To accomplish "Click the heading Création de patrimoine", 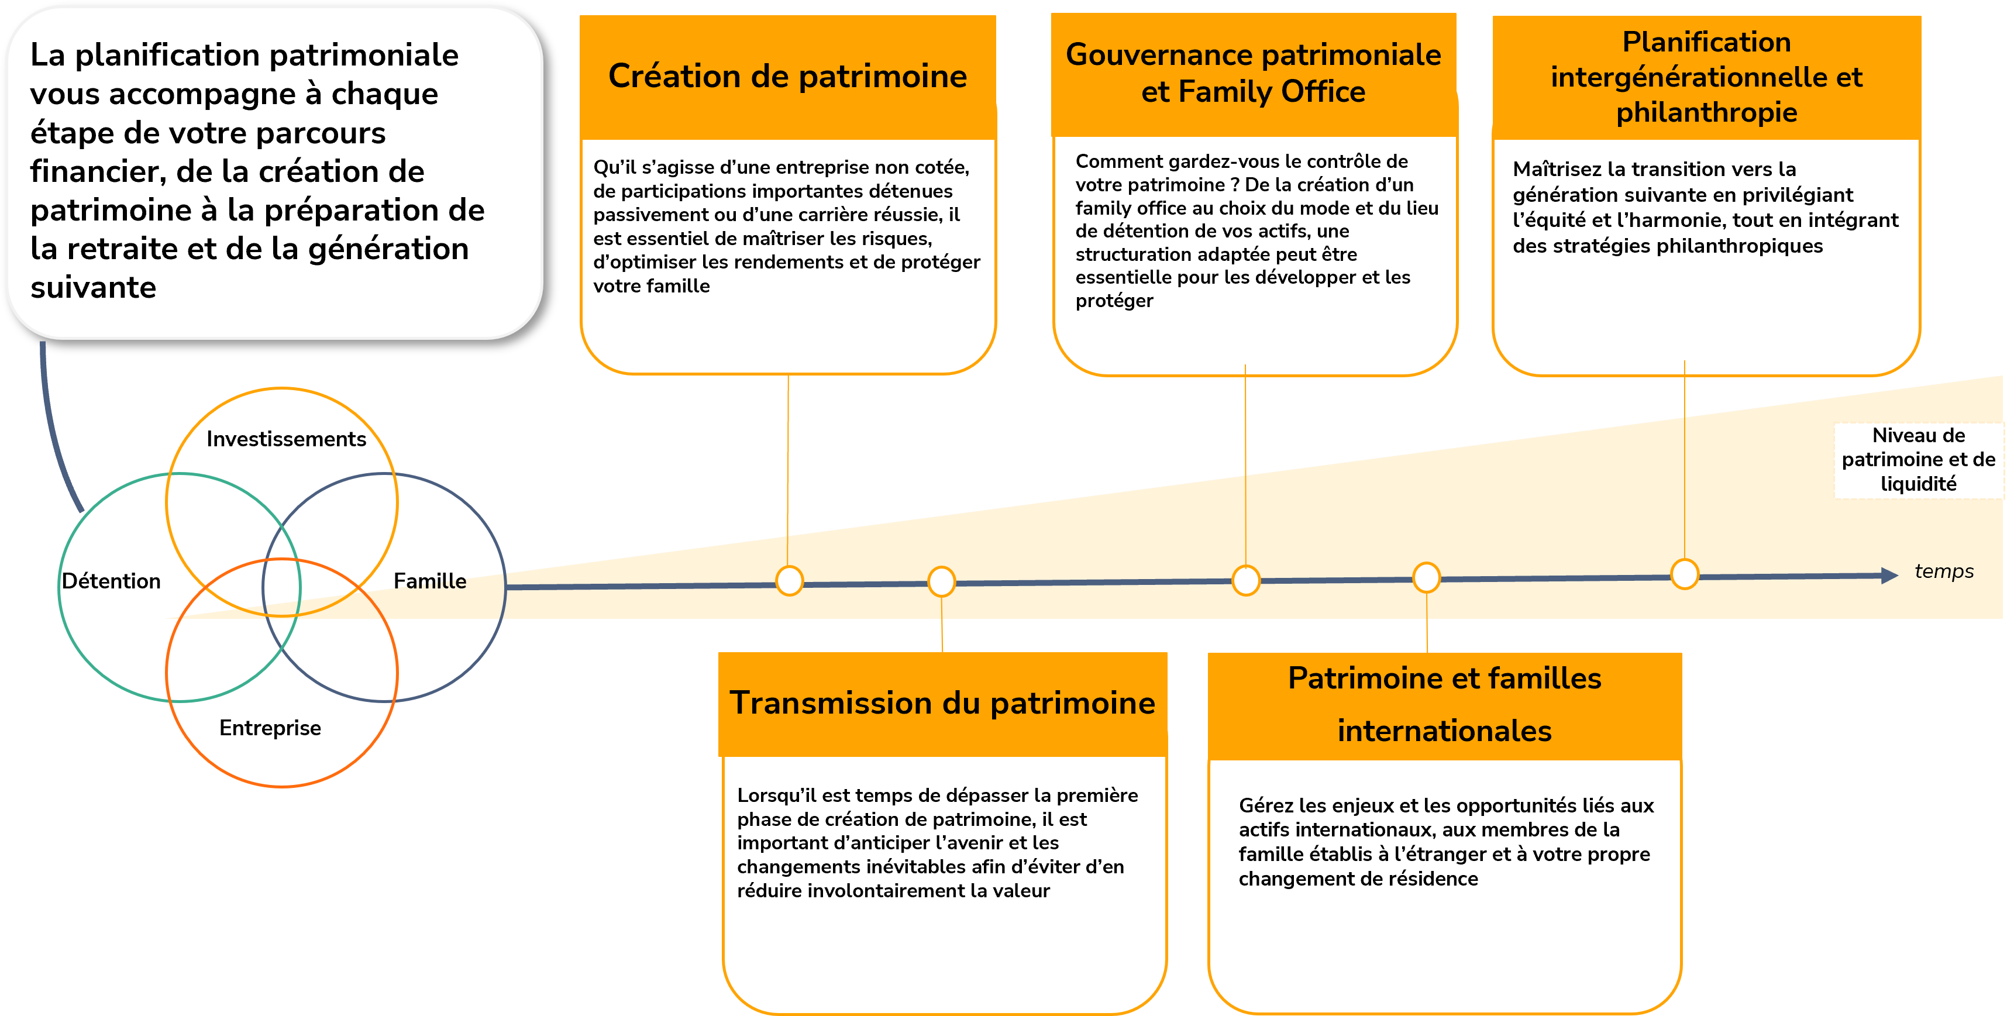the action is pyautogui.click(x=787, y=77).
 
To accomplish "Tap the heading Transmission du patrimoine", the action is pyautogui.click(x=942, y=702).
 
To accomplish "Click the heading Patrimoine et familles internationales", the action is pyautogui.click(x=1444, y=704).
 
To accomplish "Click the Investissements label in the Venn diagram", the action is pyautogui.click(x=286, y=439).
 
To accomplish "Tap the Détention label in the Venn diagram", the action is pyautogui.click(x=111, y=581).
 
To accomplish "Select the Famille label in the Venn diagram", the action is pyautogui.click(x=430, y=581).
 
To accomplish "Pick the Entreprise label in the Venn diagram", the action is pyautogui.click(x=270, y=728).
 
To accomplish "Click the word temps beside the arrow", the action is pyautogui.click(x=1944, y=571).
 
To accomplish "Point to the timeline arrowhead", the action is pyautogui.click(x=1889, y=575).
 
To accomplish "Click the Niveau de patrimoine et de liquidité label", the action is pyautogui.click(x=1919, y=460).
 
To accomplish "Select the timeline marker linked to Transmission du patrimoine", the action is pyautogui.click(x=941, y=581).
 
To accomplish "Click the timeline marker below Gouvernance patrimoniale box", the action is pyautogui.click(x=1245, y=580).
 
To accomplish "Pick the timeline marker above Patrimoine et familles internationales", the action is pyautogui.click(x=1427, y=577).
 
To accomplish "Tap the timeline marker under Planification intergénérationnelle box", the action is pyautogui.click(x=1684, y=574).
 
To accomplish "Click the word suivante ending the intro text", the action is pyautogui.click(x=93, y=288).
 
